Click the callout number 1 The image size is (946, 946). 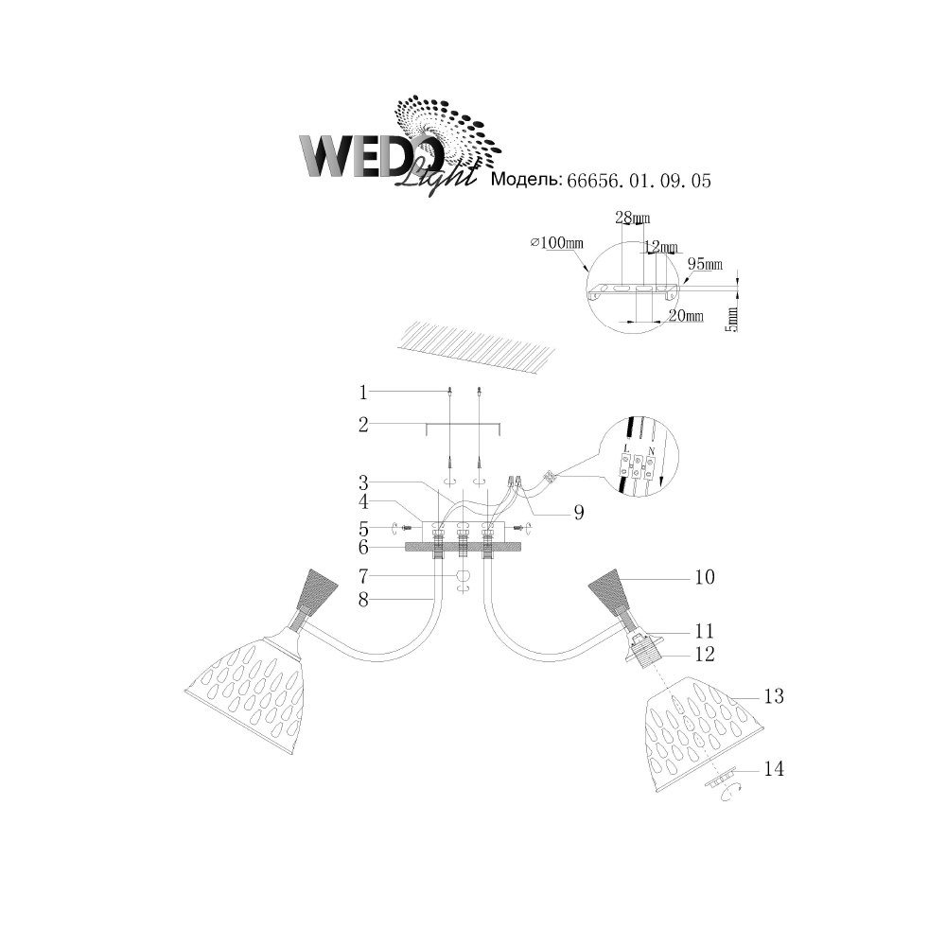pos(363,393)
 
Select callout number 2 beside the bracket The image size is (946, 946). pos(363,425)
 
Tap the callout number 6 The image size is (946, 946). pos(363,547)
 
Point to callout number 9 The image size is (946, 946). pos(579,512)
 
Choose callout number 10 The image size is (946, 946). pos(705,577)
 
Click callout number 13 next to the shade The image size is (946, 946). pos(774,696)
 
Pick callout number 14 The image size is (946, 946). pos(774,768)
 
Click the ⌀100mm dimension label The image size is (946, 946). pos(557,242)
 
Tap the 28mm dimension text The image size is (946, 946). pos(632,218)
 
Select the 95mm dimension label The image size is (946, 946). pos(706,264)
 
